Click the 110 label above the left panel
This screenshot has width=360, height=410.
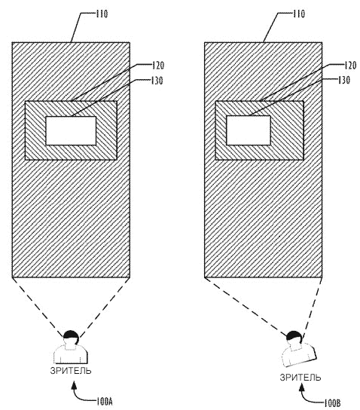click(102, 14)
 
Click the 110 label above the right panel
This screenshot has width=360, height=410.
click(298, 14)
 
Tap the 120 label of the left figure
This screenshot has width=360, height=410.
click(158, 66)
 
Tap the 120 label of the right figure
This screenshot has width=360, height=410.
click(350, 66)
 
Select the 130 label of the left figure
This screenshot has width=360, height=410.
click(157, 81)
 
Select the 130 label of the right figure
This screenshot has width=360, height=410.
click(344, 81)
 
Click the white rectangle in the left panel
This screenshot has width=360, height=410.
click(71, 130)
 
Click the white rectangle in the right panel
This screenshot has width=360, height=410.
click(249, 130)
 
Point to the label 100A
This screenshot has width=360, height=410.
click(104, 402)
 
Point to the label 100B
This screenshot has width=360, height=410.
click(333, 403)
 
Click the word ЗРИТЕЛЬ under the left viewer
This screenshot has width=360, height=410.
click(71, 371)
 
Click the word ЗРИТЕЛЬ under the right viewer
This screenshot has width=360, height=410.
click(301, 378)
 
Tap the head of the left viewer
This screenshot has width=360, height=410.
click(71, 338)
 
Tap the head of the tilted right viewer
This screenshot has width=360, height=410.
click(294, 338)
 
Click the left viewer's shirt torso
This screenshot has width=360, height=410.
click(71, 354)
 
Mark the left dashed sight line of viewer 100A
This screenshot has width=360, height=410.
click(38, 307)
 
